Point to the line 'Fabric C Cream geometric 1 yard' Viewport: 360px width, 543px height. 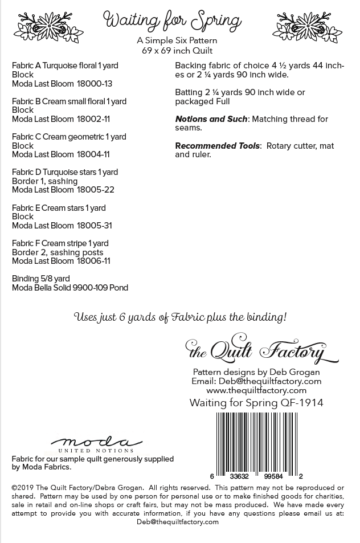point(69,137)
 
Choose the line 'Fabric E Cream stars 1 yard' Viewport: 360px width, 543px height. point(59,208)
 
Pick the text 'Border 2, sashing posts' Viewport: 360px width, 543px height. point(58,252)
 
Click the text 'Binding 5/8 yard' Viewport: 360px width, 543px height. point(40,279)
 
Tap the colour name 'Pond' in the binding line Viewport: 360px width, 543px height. point(118,288)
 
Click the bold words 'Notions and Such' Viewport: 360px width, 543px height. point(211,119)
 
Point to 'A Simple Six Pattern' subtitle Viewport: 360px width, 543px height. point(177,41)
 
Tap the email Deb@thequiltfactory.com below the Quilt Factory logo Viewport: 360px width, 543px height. point(277,381)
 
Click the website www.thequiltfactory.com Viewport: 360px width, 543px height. point(256,390)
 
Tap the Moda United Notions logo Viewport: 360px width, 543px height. point(96,444)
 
